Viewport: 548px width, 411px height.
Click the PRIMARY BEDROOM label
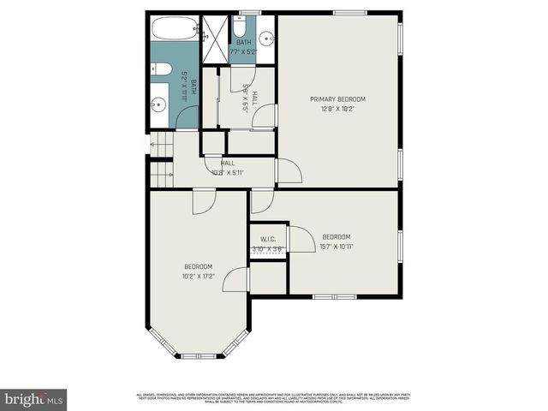coord(337,99)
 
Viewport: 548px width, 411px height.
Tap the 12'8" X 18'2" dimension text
coord(337,109)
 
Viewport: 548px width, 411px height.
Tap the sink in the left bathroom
coord(159,105)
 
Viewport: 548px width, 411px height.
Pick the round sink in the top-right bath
coord(265,38)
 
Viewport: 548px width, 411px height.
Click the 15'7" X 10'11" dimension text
coord(337,247)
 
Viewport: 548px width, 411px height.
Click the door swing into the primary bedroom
coord(288,170)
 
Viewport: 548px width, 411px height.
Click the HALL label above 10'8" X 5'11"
coord(228,163)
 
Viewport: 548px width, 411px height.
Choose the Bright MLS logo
coord(34,399)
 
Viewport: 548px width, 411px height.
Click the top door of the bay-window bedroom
coord(204,202)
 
